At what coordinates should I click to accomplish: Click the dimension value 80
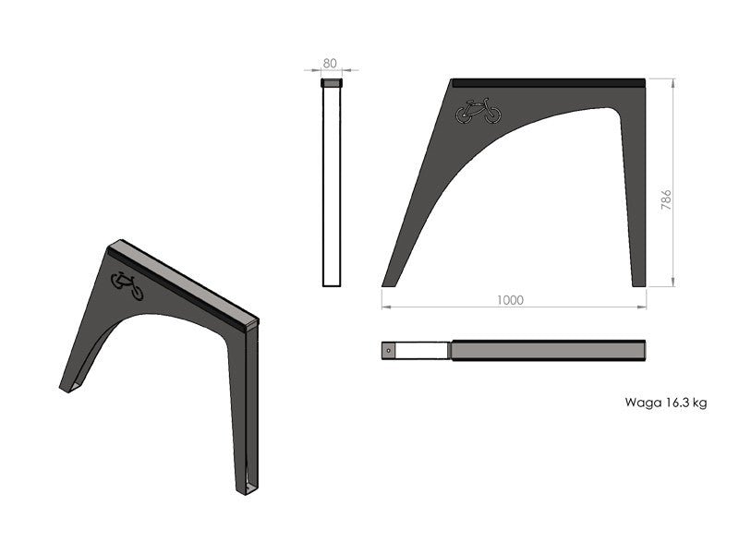330,63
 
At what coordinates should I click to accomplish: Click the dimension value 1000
510,300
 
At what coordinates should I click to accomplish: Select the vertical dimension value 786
665,199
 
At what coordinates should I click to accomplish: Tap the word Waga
638,403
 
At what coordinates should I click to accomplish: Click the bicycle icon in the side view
478,111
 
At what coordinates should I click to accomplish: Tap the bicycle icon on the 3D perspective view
127,286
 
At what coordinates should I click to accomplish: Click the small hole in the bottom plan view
388,351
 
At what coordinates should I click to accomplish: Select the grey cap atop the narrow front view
332,83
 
